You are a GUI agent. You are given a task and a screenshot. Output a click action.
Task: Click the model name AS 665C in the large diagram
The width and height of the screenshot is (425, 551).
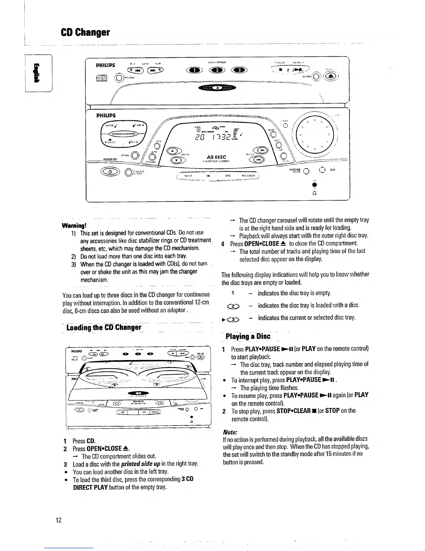217,157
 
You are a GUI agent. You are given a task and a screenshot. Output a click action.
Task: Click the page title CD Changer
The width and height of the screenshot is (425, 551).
85,33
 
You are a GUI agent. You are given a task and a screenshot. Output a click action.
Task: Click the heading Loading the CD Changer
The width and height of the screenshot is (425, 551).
104,328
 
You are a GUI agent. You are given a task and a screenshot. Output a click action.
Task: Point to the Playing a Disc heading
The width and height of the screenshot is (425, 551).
248,336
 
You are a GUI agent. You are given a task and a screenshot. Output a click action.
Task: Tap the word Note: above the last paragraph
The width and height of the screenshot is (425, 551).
230,432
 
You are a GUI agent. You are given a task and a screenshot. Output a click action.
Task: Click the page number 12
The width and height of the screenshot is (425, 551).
58,520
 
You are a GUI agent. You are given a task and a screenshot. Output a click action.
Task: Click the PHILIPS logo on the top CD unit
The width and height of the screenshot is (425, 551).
106,65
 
